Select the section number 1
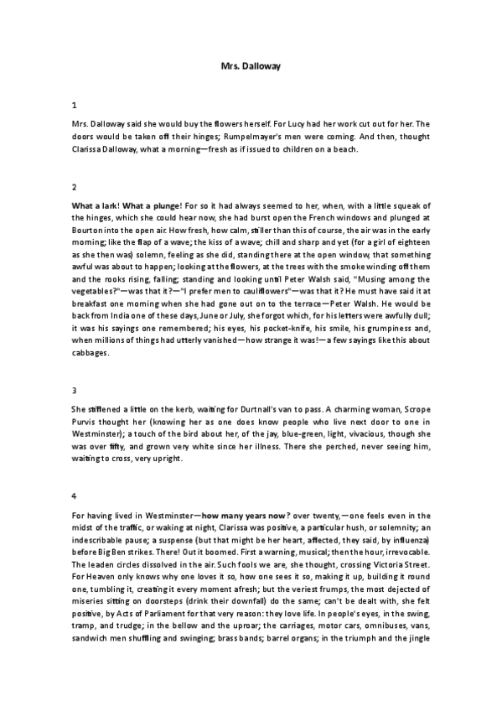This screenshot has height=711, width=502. [x=75, y=106]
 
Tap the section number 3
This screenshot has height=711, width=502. [x=75, y=390]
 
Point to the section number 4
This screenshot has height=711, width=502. [x=75, y=496]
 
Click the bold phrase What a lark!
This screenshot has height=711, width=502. [x=94, y=206]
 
